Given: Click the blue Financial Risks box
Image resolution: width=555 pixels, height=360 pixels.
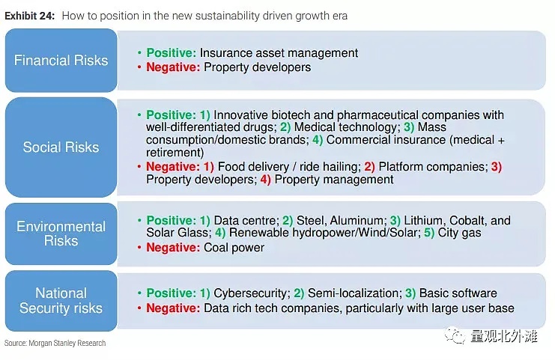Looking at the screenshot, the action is pyautogui.click(x=61, y=61).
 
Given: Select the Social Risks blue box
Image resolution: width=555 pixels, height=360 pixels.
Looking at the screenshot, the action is pyautogui.click(x=61, y=147).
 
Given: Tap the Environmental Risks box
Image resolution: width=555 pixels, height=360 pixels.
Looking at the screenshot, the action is pyautogui.click(x=61, y=234).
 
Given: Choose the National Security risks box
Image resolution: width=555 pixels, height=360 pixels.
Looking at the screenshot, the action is pyautogui.click(x=61, y=301).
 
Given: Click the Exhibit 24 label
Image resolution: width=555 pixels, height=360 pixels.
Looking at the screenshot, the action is pyautogui.click(x=30, y=16).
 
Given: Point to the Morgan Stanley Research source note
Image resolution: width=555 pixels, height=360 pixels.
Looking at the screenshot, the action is pyautogui.click(x=55, y=343).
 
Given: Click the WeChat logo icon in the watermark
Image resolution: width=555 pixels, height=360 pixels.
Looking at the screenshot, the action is pyautogui.click(x=455, y=335).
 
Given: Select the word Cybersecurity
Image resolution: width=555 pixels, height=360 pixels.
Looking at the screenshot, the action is pyautogui.click(x=252, y=293).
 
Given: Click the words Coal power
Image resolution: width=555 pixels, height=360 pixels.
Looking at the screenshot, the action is pyautogui.click(x=234, y=248).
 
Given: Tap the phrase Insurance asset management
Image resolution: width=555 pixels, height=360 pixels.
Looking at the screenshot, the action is pyautogui.click(x=279, y=53).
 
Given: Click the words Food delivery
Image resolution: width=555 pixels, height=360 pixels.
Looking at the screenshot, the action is pyautogui.click(x=253, y=167).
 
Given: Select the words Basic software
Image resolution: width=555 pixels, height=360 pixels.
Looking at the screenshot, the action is pyautogui.click(x=458, y=293).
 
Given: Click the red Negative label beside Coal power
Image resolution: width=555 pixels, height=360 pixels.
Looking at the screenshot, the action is pyautogui.click(x=174, y=248).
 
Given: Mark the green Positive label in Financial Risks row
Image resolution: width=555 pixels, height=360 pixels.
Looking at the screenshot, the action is pyautogui.click(x=172, y=53).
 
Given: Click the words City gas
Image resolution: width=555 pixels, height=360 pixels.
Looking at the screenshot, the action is pyautogui.click(x=459, y=233).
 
